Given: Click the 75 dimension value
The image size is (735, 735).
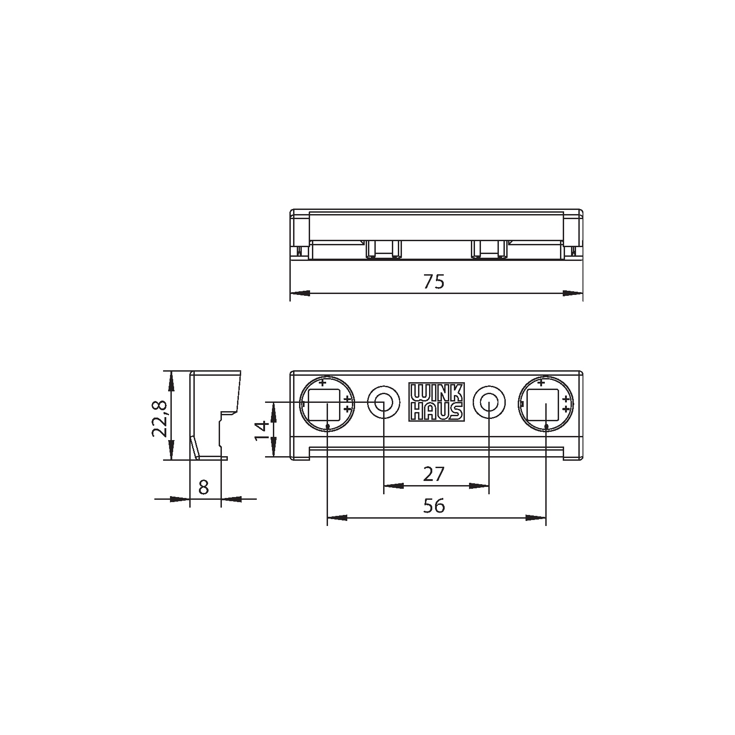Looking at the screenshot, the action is (434, 282).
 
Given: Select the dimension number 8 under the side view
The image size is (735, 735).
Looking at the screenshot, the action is (204, 487).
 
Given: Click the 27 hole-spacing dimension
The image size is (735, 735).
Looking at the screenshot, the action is (434, 474).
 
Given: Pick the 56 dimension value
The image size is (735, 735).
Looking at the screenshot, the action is (434, 506).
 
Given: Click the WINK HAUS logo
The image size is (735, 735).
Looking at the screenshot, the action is (436, 402).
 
